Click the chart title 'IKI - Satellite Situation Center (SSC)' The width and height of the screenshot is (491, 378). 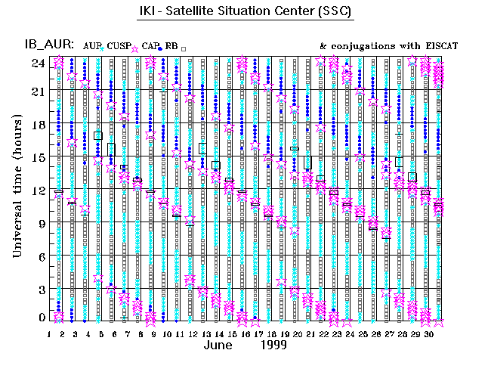pos(246,13)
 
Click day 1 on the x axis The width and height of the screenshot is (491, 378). pos(49,333)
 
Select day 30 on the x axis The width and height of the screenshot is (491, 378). pos(428,333)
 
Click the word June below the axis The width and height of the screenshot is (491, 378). pos(220,345)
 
